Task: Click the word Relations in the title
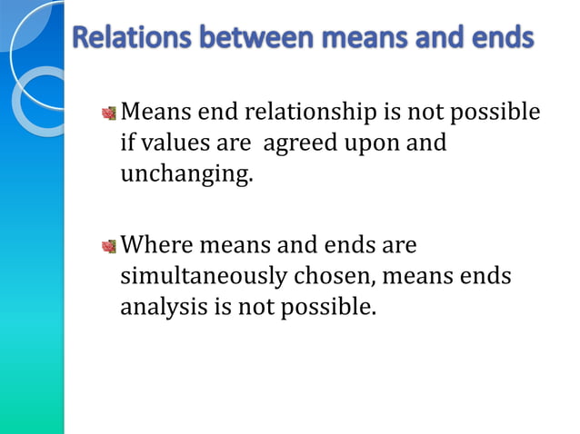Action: pos(124,40)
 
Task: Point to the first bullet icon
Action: pos(109,113)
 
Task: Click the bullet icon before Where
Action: pos(109,246)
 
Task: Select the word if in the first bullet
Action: pos(127,143)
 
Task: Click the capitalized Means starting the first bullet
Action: pos(154,113)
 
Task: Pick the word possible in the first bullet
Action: pos(498,113)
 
